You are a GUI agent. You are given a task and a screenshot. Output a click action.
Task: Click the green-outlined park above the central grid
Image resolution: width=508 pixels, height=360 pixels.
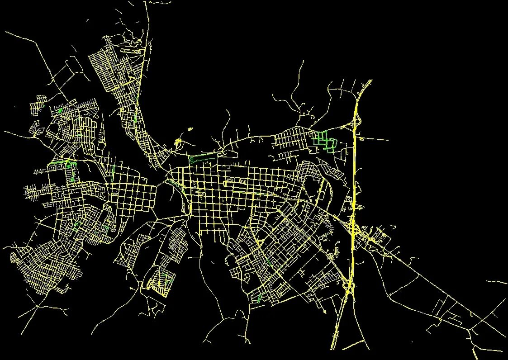point(201,158)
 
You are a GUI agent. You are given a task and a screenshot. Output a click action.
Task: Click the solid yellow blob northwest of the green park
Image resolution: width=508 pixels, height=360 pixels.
point(178,142)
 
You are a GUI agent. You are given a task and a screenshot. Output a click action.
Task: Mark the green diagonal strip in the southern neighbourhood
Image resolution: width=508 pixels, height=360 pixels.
point(259,297)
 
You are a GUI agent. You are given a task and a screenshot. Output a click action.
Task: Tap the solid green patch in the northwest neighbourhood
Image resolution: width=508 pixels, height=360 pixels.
point(60,110)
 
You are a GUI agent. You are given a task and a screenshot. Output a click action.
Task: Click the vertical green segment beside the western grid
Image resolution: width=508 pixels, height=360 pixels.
point(112,171)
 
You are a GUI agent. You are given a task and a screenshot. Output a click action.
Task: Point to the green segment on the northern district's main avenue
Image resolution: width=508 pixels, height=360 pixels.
point(135,118)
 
